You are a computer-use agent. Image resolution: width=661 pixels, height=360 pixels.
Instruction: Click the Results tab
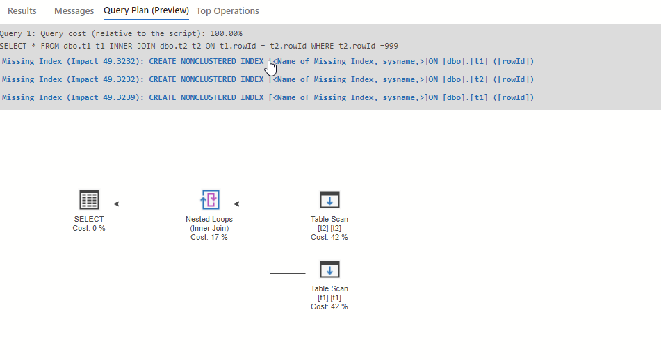point(22,11)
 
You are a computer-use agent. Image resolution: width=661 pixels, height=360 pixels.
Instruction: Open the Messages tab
point(74,11)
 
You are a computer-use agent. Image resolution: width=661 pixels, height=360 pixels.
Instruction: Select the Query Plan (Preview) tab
point(146,10)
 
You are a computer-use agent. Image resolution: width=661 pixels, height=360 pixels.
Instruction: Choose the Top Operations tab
point(227,11)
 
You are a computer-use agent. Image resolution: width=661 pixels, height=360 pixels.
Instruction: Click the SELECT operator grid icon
point(89,200)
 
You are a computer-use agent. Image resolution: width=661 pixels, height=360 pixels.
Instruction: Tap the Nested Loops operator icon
point(209,200)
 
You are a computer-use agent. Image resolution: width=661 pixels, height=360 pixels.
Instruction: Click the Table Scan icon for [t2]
point(329,200)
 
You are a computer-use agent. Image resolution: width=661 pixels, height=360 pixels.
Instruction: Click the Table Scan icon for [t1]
point(329,270)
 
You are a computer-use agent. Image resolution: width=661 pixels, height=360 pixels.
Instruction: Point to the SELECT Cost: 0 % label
point(89,228)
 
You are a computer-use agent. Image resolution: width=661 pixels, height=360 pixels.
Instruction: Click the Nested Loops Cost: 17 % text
point(209,237)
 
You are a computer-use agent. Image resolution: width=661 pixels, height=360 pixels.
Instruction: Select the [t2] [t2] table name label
point(329,228)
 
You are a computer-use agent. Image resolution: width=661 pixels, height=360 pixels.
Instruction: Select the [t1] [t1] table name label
point(329,297)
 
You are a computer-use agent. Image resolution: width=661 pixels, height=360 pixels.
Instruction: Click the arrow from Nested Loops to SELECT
point(149,204)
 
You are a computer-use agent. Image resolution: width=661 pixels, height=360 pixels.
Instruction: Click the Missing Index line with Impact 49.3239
point(268,97)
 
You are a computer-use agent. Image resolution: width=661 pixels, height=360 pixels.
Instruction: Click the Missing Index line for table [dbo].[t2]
point(268,79)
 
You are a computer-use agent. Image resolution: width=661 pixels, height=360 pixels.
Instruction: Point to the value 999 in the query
point(391,46)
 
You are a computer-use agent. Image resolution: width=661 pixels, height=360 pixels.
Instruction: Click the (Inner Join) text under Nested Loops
point(209,228)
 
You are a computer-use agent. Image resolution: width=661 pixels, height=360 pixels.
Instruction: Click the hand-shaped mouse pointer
point(271,67)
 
